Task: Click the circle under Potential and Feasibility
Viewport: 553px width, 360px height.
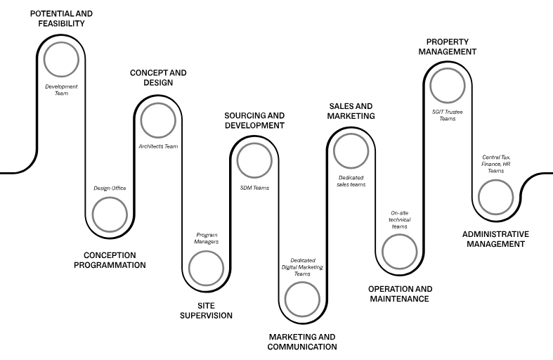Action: [x=61, y=42]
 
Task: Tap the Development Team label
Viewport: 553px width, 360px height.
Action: [x=61, y=90]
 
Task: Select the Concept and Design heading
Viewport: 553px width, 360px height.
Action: [x=158, y=77]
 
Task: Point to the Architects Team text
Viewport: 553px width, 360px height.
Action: [x=158, y=146]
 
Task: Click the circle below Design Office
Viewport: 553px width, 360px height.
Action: [x=110, y=198]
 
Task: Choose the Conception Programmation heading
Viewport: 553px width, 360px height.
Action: [x=110, y=260]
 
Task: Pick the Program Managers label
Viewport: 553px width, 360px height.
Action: [x=207, y=238]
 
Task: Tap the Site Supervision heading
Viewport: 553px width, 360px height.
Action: [x=207, y=311]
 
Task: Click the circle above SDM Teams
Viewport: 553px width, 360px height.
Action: [x=254, y=143]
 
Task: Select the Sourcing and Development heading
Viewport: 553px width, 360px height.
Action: [x=254, y=120]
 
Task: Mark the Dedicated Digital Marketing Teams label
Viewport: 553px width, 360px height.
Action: [x=302, y=267]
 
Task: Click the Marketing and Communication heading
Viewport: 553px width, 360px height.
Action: [x=302, y=342]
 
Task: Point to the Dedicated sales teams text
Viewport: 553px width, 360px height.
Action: [x=351, y=181]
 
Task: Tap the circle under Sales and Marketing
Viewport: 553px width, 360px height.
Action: [x=351, y=134]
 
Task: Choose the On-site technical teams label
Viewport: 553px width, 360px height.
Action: [x=400, y=219]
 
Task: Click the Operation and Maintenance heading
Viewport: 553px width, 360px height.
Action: [x=400, y=294]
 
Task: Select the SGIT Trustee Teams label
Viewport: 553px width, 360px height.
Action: [x=447, y=115]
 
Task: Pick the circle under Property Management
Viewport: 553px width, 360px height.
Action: [x=448, y=69]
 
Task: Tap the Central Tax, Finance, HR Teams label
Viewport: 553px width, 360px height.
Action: [x=496, y=164]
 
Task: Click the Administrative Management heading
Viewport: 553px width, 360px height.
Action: [x=495, y=239]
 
